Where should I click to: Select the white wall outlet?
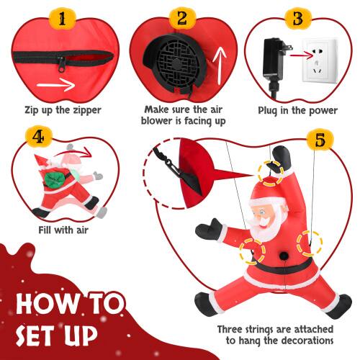tap(319, 58)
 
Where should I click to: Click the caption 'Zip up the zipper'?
tap(64, 111)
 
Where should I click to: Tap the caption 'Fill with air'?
tap(64, 231)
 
